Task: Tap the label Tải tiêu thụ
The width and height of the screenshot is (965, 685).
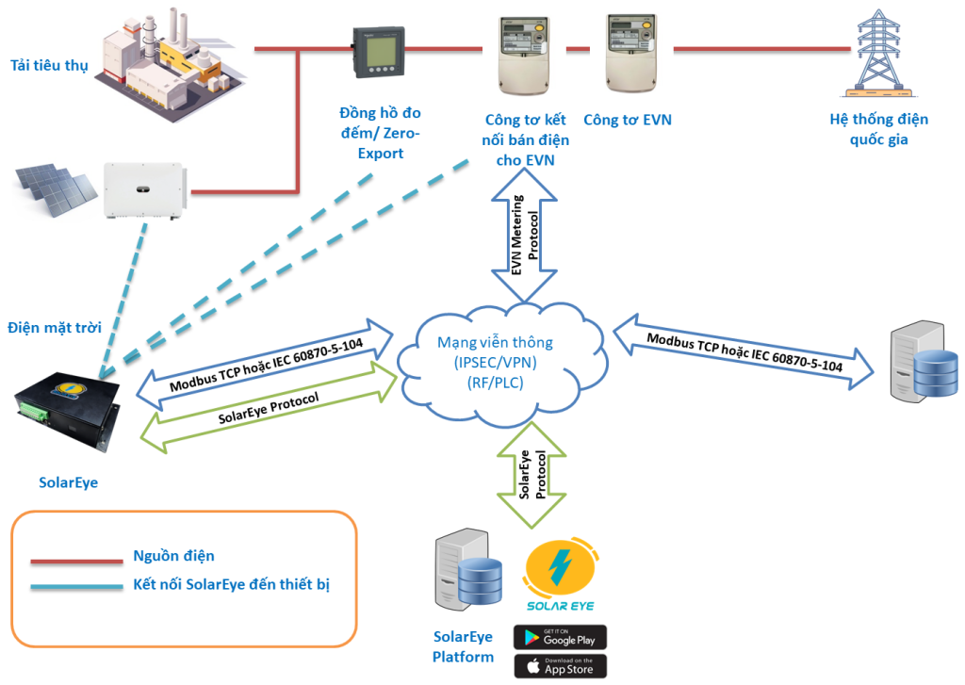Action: coord(49,65)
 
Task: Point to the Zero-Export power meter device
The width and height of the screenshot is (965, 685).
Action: coord(380,52)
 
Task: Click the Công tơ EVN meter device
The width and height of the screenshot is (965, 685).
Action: coord(629,52)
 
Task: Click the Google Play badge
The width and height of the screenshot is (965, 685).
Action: coord(560,636)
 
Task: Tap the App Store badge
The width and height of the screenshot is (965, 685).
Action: coord(560,665)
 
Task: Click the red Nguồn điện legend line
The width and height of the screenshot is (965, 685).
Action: coord(76,562)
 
